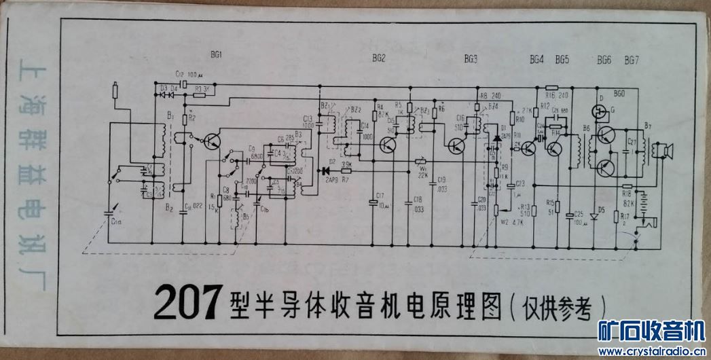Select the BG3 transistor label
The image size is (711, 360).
471,59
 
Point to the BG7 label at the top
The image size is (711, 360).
632,60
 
